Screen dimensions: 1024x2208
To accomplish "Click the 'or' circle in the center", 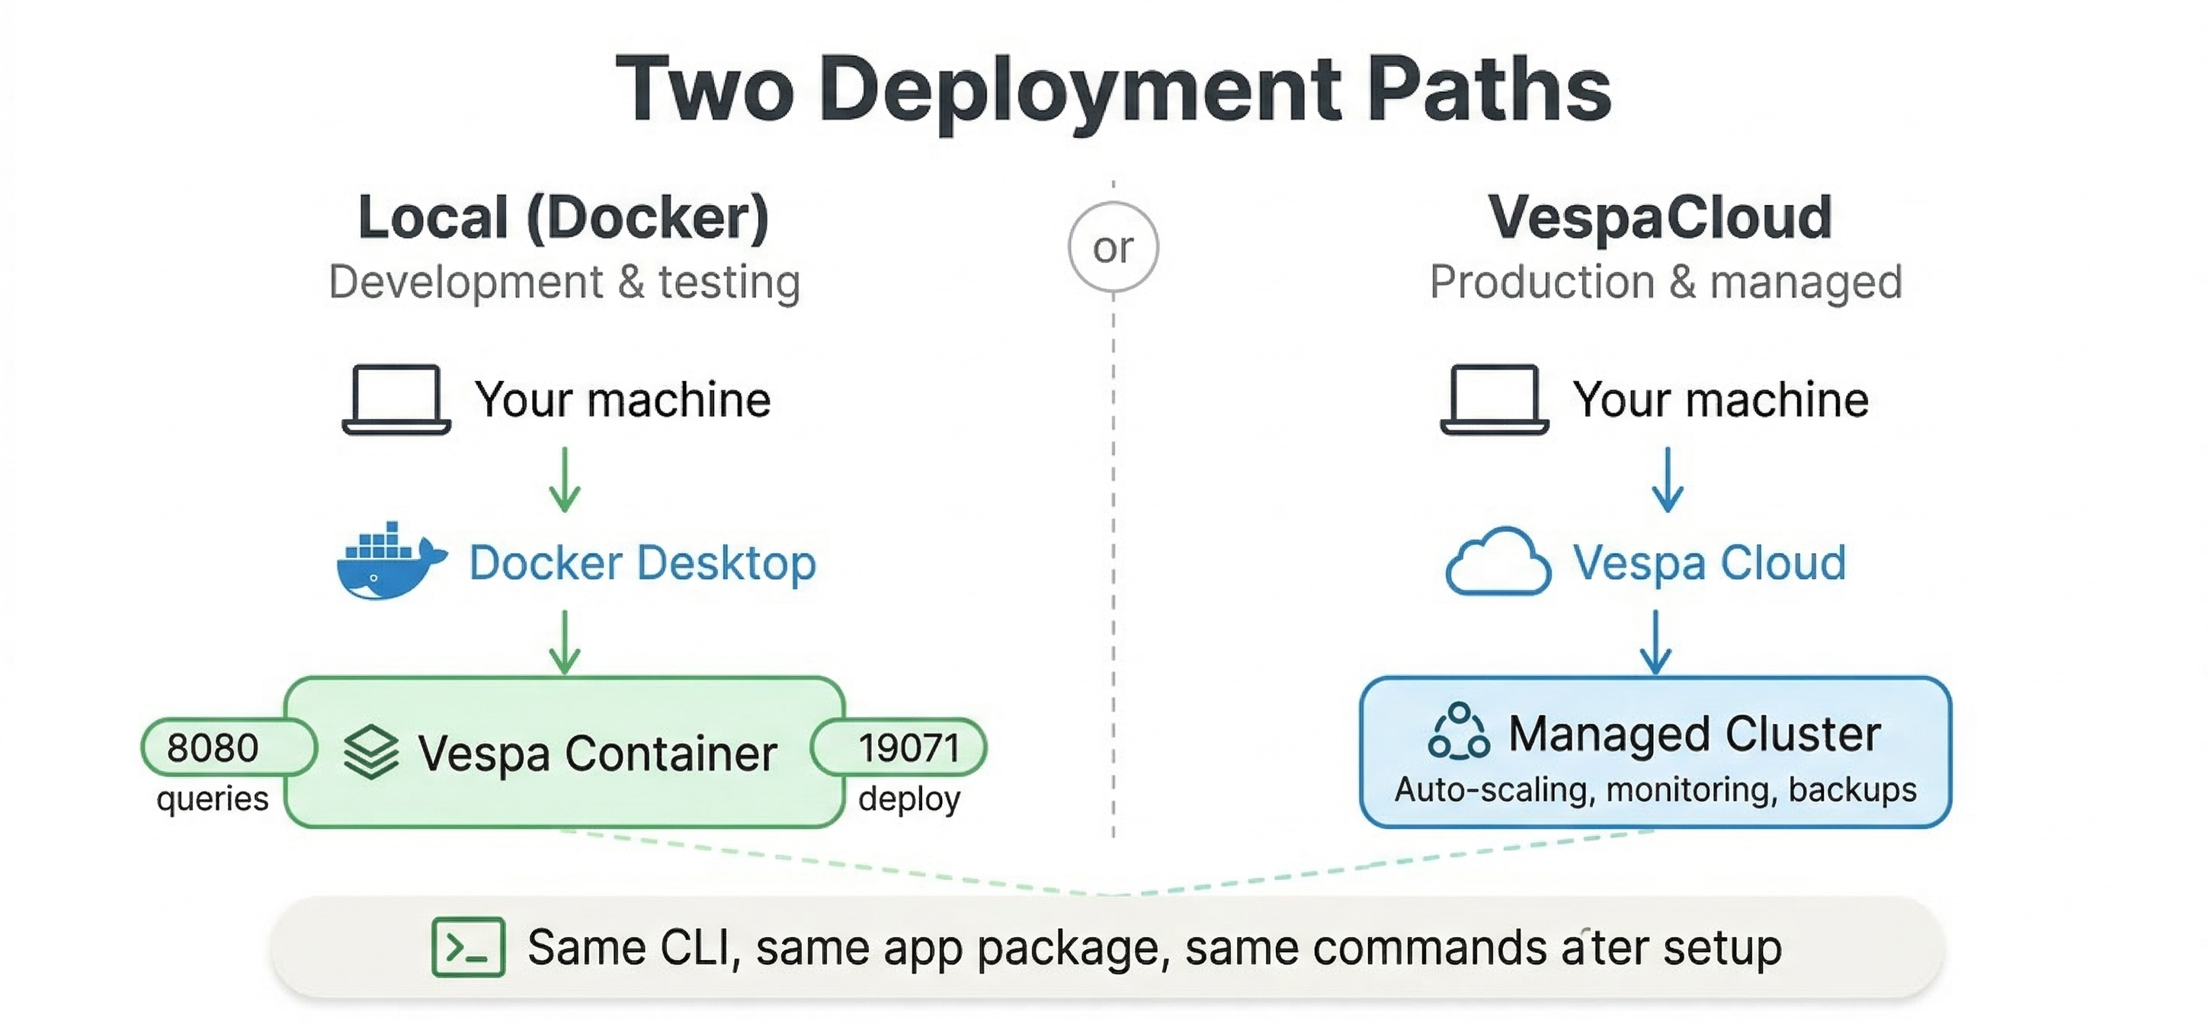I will point(1113,247).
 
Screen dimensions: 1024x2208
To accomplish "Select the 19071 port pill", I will point(907,747).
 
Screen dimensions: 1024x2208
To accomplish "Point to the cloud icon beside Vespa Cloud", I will point(1498,562).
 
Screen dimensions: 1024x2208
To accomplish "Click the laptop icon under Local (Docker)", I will point(396,400).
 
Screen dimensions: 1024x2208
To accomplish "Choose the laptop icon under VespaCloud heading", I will point(1494,400).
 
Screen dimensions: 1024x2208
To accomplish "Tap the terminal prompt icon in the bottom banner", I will point(468,947).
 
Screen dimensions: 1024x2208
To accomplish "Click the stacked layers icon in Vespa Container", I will point(370,752).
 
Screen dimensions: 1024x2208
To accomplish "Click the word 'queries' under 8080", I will point(213,798).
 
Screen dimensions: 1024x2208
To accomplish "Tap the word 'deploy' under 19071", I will point(909,798).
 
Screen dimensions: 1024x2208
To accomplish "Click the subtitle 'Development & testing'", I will point(564,282).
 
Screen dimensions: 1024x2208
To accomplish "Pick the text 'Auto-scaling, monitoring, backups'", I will point(1655,789).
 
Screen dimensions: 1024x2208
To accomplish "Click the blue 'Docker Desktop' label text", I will point(642,563).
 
